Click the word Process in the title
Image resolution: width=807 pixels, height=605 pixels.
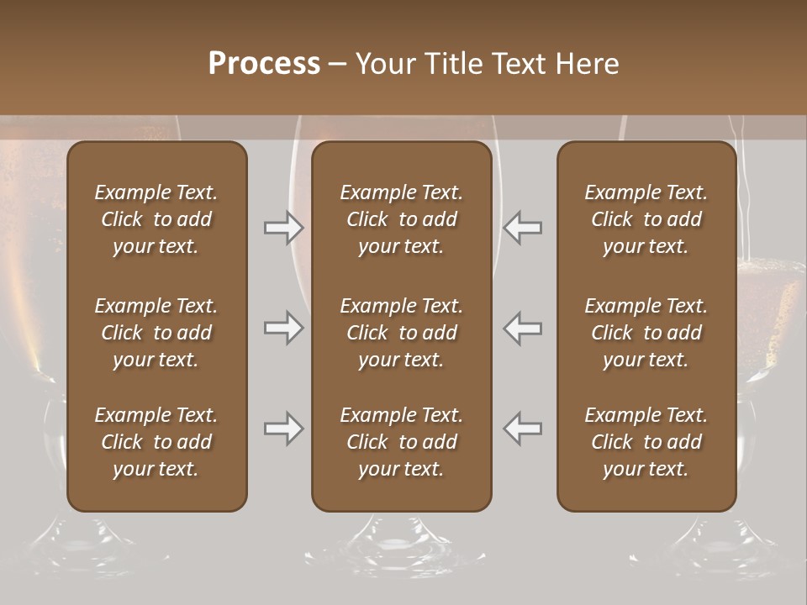(x=264, y=64)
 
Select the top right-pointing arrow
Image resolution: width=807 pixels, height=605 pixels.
(x=284, y=228)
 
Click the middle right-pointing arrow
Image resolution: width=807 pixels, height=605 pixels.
(x=284, y=328)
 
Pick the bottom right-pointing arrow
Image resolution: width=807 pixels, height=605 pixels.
(x=284, y=429)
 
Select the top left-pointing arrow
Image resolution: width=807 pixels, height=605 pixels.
(x=522, y=228)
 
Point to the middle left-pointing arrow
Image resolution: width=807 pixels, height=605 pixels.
(x=522, y=328)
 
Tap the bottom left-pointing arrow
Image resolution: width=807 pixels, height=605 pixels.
(x=522, y=429)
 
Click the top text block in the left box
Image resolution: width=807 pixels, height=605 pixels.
(x=156, y=219)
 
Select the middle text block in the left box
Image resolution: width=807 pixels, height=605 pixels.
(x=156, y=333)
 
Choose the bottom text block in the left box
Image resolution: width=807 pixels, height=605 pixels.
(x=156, y=442)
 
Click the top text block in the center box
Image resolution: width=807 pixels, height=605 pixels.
(x=401, y=219)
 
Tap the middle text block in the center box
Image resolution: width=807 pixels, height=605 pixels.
(x=401, y=333)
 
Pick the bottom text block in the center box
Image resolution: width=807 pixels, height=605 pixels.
(x=401, y=442)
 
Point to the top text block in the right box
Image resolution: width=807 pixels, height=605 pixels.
(x=646, y=219)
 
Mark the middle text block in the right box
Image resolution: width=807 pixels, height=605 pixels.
(x=646, y=333)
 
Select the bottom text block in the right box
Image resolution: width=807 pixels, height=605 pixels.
(x=646, y=442)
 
